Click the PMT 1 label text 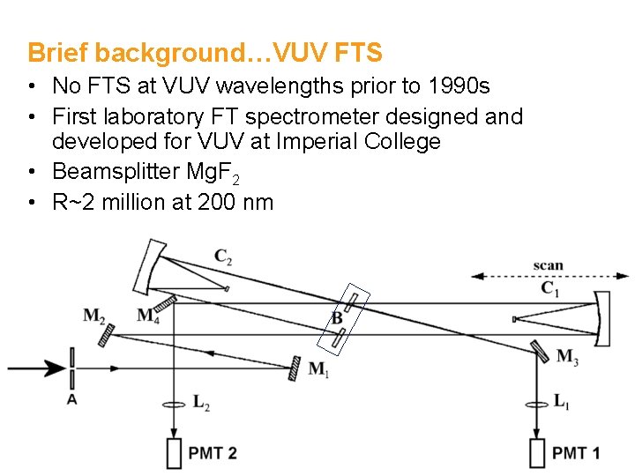point(576,453)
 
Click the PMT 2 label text point(213,453)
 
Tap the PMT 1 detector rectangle point(537,453)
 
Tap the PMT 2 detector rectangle point(174,453)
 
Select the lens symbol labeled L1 point(536,405)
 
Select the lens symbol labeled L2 point(175,405)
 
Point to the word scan point(548,264)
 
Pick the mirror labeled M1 point(295,368)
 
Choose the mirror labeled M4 point(167,303)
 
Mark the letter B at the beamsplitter point(336,317)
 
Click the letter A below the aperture point(71,399)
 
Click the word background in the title point(169,53)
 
